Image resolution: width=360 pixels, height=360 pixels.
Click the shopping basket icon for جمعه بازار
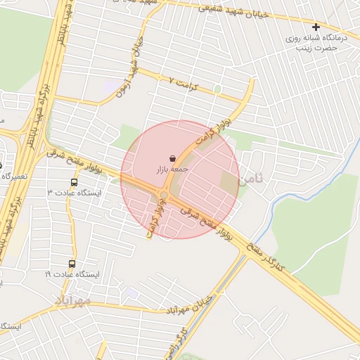click(173, 159)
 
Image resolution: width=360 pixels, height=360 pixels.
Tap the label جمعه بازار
click(172, 170)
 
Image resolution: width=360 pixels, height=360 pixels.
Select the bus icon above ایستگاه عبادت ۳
click(75, 182)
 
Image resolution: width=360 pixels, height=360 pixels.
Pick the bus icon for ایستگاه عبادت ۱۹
click(72, 264)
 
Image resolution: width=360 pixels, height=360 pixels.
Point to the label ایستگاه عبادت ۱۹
click(73, 274)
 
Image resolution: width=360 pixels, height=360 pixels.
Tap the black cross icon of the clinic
click(316, 27)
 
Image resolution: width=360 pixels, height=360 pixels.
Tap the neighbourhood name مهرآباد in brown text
click(73, 301)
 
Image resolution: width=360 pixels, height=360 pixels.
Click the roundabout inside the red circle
click(163, 195)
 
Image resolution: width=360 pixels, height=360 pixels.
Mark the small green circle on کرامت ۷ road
click(218, 89)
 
